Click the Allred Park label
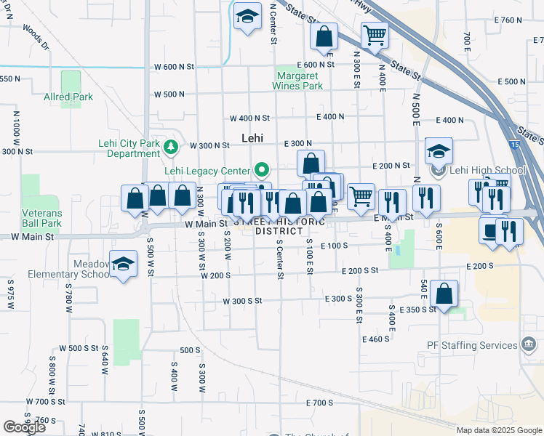point(68,97)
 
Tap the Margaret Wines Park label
point(297,81)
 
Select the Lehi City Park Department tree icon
point(171,148)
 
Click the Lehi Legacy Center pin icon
point(262,171)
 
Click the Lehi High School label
point(487,171)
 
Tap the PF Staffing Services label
point(479,345)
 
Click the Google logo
point(24,427)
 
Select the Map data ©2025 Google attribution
point(499,430)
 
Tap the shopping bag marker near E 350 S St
point(444,294)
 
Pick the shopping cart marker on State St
point(374,35)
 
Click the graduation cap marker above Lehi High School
point(439,151)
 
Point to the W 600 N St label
point(174,66)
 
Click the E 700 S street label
point(319,403)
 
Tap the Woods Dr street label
point(35,37)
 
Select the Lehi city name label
point(252,138)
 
